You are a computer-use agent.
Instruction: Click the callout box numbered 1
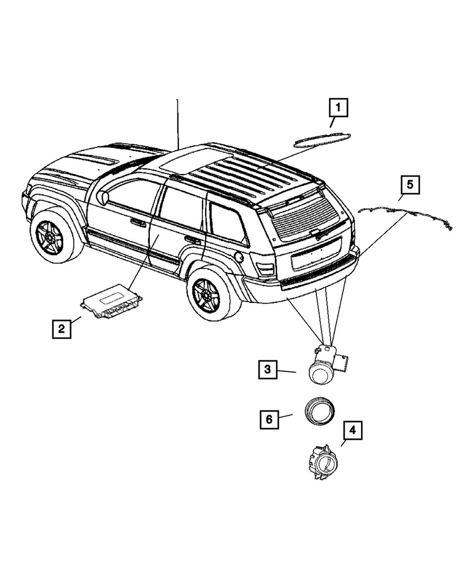(x=338, y=108)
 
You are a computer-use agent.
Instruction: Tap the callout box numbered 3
(x=269, y=370)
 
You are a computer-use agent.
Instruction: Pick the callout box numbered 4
(x=352, y=431)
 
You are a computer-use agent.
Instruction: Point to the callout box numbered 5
(x=410, y=184)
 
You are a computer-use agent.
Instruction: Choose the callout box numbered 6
(x=269, y=419)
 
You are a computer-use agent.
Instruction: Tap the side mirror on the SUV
(x=102, y=198)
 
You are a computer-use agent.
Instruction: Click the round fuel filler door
(x=239, y=257)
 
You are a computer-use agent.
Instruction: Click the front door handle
(x=138, y=223)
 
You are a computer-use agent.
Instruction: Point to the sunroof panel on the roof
(x=189, y=160)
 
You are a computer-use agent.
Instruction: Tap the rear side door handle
(x=193, y=240)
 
